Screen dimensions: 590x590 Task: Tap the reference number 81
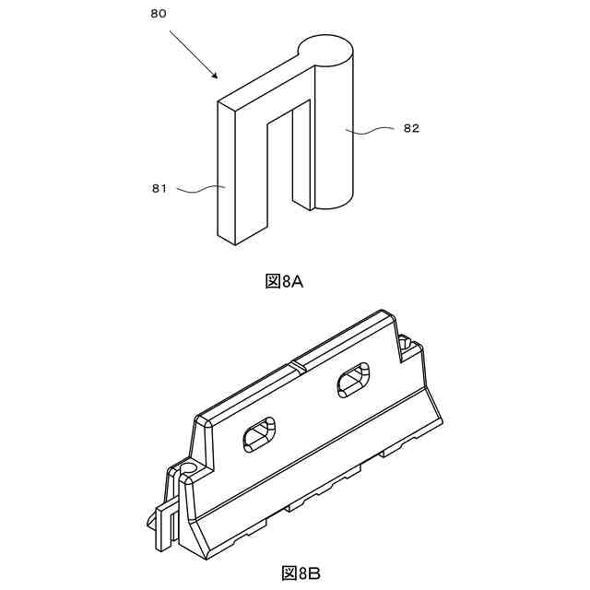coord(159,189)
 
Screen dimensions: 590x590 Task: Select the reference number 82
coord(411,129)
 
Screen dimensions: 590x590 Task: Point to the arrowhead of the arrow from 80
coord(215,76)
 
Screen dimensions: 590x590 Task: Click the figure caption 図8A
coord(284,281)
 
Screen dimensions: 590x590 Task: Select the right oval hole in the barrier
coord(353,379)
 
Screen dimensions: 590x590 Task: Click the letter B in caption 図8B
coord(313,573)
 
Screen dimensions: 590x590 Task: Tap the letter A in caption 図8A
coord(297,281)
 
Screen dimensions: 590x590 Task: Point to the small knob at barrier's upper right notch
coord(407,343)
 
